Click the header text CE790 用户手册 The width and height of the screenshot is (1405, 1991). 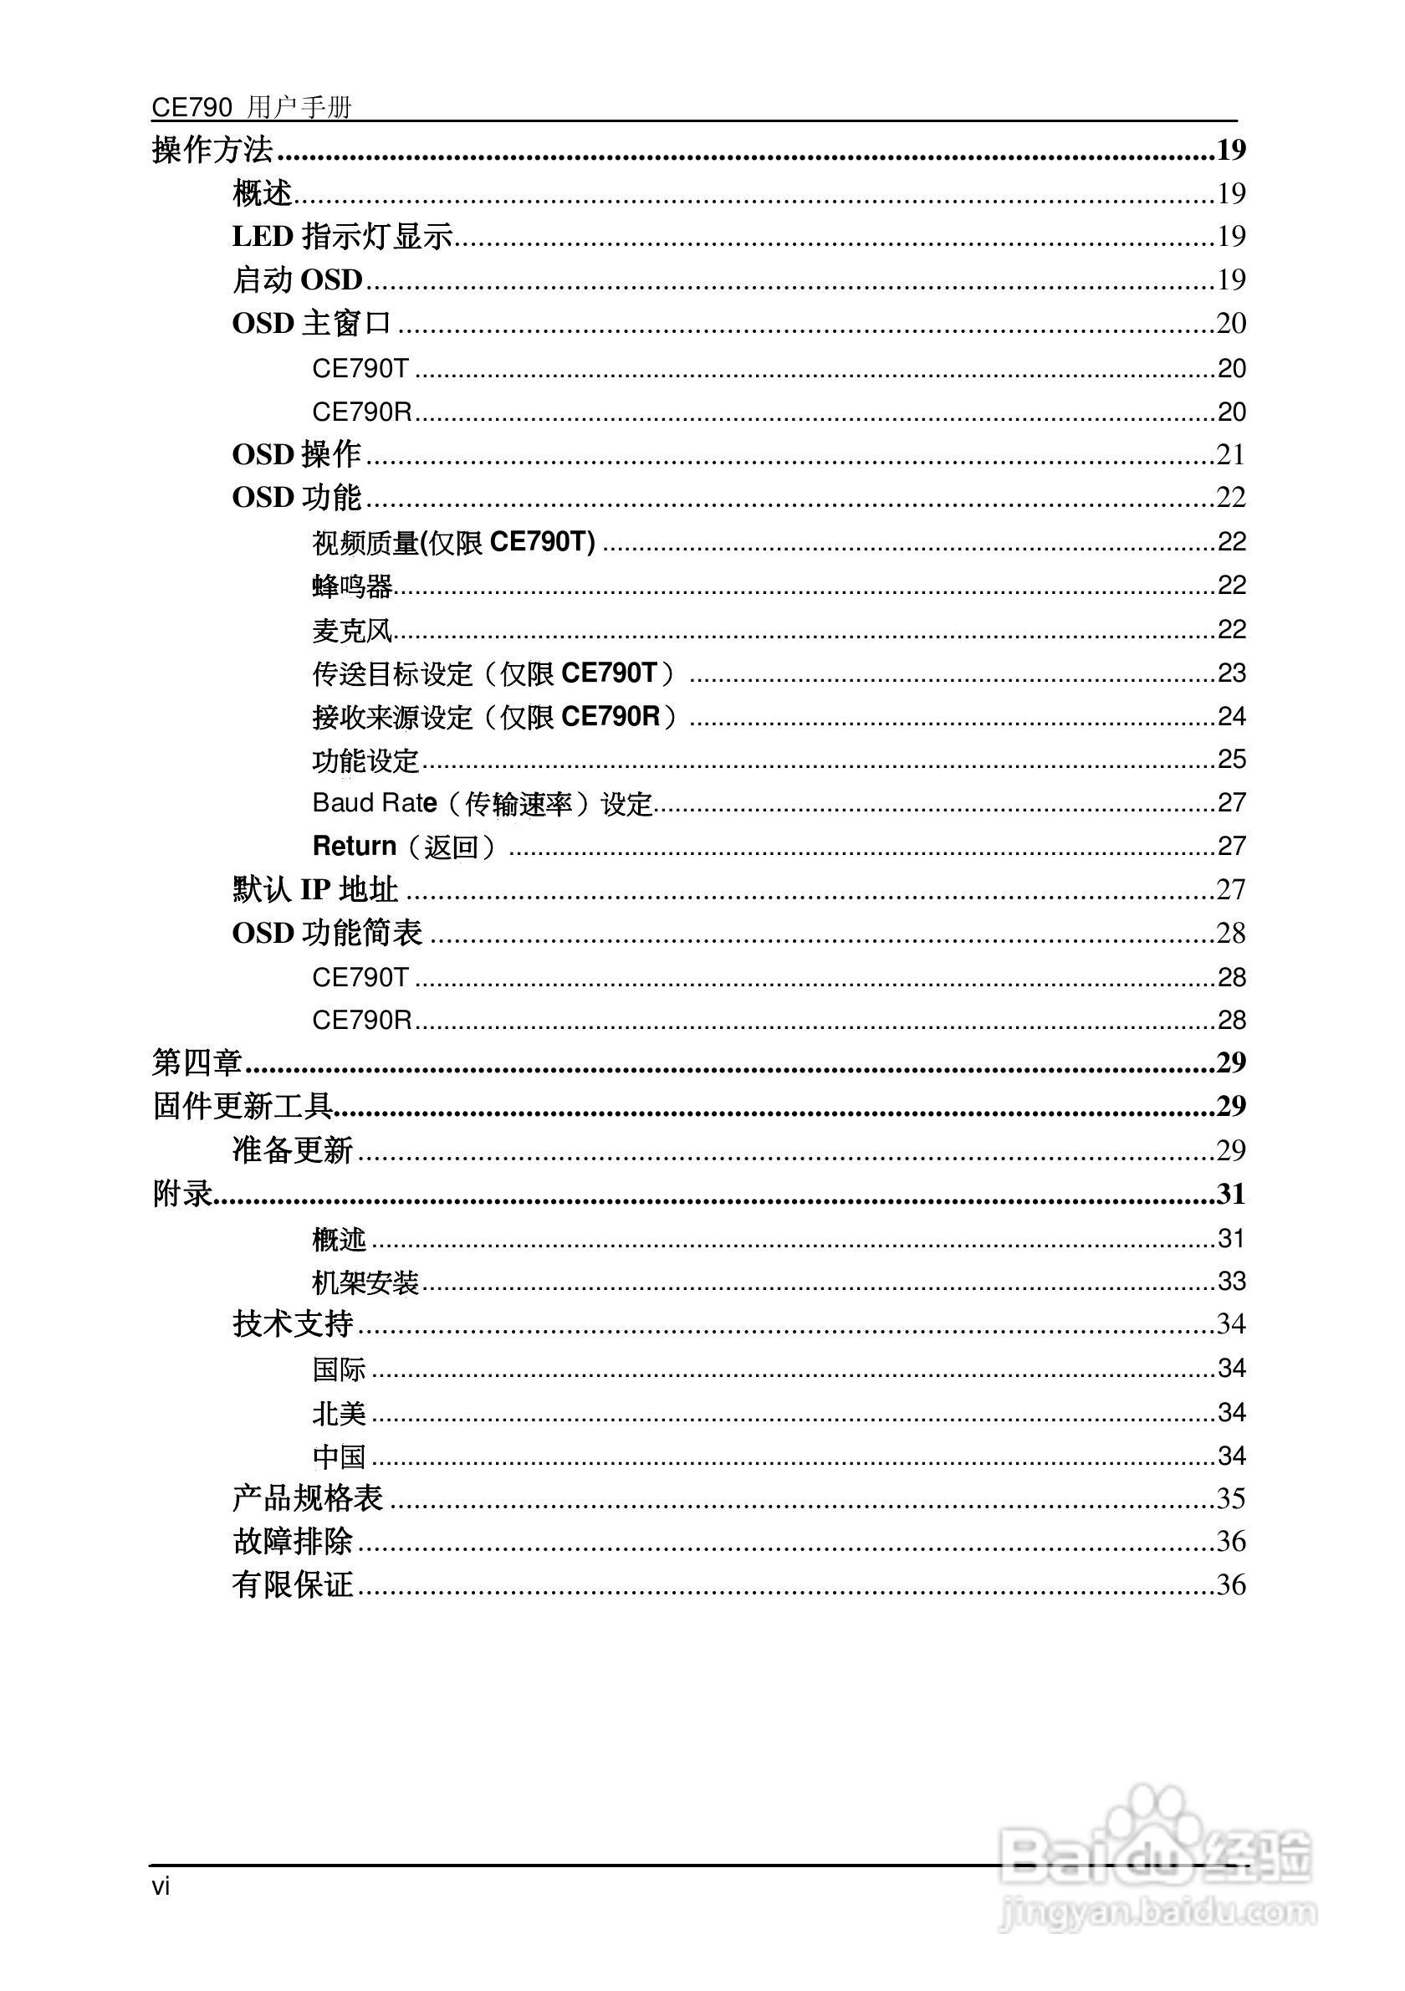[x=252, y=107]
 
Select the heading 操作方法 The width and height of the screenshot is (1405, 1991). [x=212, y=150]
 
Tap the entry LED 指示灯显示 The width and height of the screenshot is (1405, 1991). [x=342, y=236]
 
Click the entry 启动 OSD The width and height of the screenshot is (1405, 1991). [x=297, y=279]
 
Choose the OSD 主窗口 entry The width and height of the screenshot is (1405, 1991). [x=311, y=324]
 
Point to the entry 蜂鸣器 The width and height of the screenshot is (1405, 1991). [x=352, y=586]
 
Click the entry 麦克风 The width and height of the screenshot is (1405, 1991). [x=352, y=631]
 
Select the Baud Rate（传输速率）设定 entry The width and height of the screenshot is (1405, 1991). [x=482, y=803]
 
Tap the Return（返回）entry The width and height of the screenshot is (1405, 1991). [x=404, y=847]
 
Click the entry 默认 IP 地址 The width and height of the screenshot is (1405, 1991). [x=314, y=890]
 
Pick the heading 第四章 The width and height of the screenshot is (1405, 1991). [x=197, y=1062]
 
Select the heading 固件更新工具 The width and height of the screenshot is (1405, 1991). [x=243, y=1106]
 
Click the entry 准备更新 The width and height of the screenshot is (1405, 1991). [x=292, y=1150]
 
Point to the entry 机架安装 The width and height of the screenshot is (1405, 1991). [x=365, y=1282]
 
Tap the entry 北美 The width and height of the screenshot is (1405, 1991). [x=339, y=1414]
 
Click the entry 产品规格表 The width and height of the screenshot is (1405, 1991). [x=308, y=1498]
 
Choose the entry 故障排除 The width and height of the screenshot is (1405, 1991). [x=292, y=1542]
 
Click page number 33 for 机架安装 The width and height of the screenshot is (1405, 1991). [x=1231, y=1281]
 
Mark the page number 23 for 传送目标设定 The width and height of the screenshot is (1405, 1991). [x=1231, y=673]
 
